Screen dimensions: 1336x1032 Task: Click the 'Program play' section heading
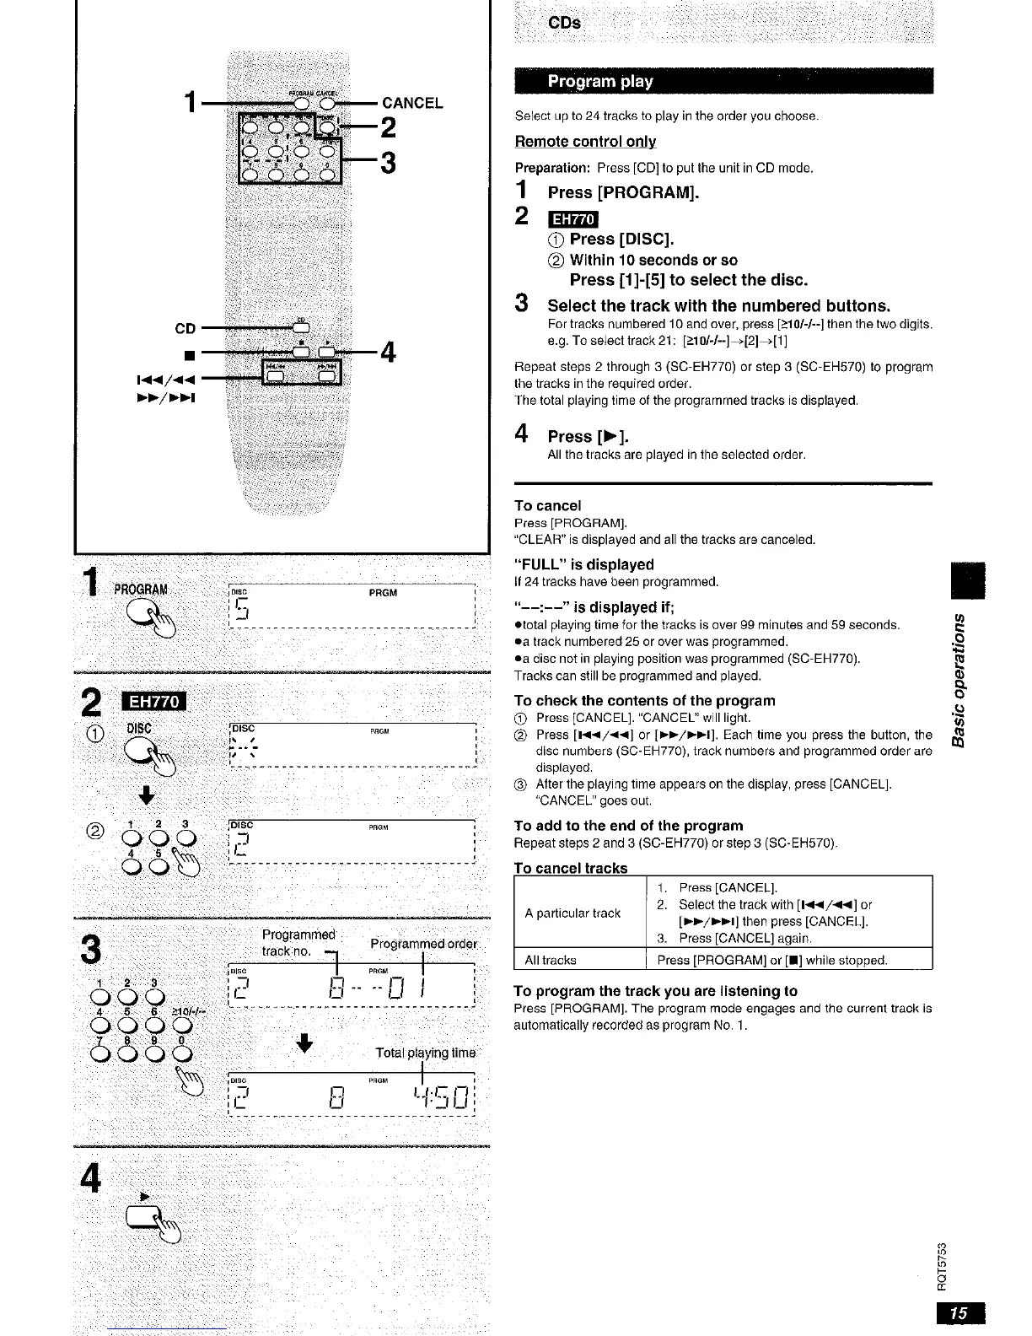[600, 82]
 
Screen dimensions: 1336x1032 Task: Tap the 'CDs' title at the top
[564, 23]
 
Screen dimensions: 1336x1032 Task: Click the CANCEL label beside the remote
[412, 104]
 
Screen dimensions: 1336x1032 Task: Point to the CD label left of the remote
[185, 328]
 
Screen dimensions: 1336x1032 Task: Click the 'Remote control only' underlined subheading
[585, 142]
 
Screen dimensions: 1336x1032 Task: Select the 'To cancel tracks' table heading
[571, 868]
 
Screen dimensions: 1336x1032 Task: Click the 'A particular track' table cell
[572, 913]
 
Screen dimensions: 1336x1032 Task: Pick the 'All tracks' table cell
[551, 960]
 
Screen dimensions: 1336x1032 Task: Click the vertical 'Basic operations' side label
[957, 680]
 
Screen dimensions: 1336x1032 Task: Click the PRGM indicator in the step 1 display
[383, 593]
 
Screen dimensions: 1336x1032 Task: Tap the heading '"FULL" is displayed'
[584, 564]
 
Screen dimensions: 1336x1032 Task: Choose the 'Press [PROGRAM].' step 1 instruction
[624, 192]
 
